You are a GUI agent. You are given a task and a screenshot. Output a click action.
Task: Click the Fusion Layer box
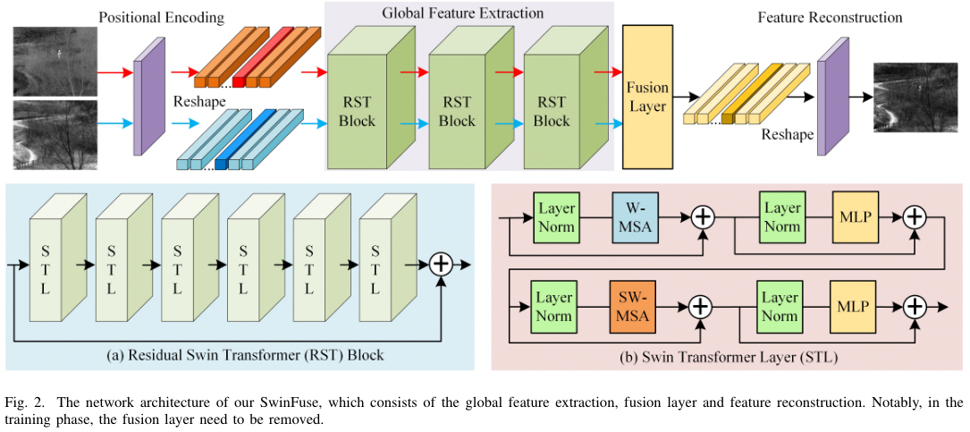[x=646, y=98]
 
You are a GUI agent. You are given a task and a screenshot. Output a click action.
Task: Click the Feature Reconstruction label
[x=830, y=17]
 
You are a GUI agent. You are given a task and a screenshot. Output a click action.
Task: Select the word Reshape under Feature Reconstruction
[x=788, y=135]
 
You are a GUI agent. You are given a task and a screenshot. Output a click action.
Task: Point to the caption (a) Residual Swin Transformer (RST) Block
[x=245, y=355]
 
